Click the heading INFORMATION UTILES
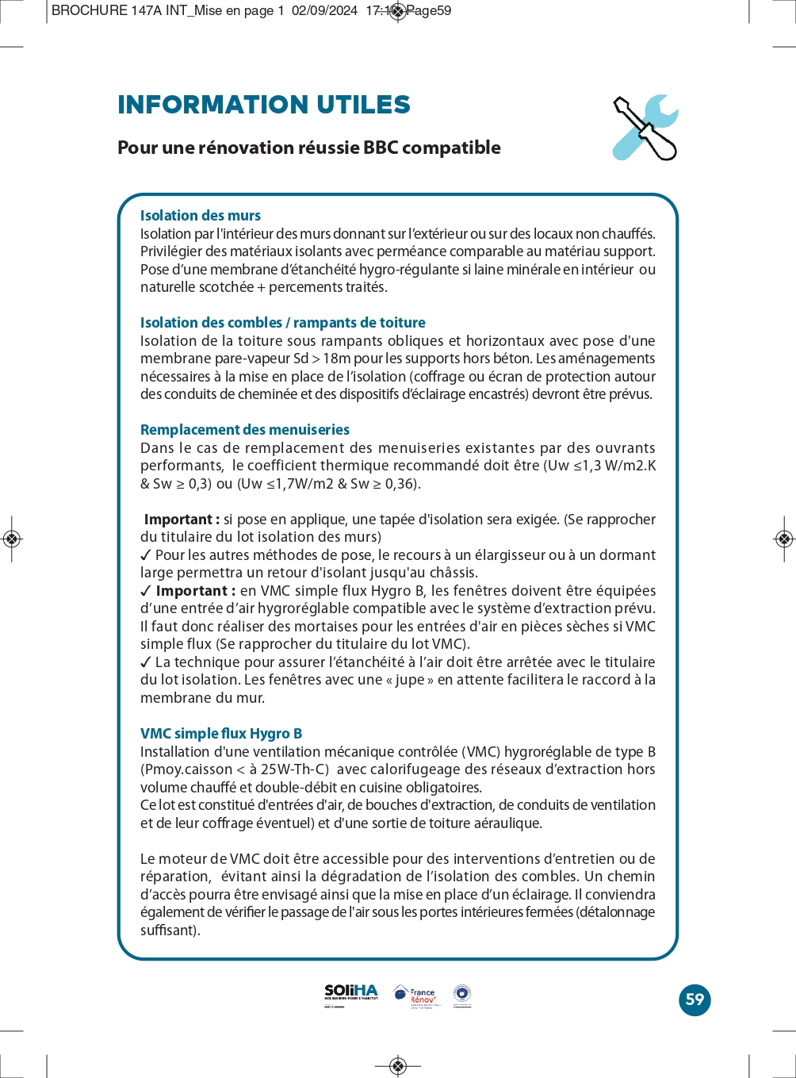[x=263, y=105]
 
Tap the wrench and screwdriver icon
[x=645, y=128]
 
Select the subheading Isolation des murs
[x=200, y=216]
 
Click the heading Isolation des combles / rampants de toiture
[x=282, y=323]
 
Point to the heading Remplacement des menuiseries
[x=244, y=430]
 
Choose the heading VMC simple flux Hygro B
[x=221, y=734]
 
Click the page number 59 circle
[x=695, y=999]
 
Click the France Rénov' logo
[x=416, y=996]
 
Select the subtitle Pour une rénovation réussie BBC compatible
[x=308, y=148]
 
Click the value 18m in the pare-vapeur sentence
[x=336, y=359]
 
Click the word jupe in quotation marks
[x=410, y=680]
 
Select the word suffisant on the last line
[x=169, y=930]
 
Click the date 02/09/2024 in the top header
[x=324, y=11]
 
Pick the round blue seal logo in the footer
[x=462, y=994]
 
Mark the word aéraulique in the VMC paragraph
[x=505, y=823]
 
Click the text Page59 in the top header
[x=430, y=11]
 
